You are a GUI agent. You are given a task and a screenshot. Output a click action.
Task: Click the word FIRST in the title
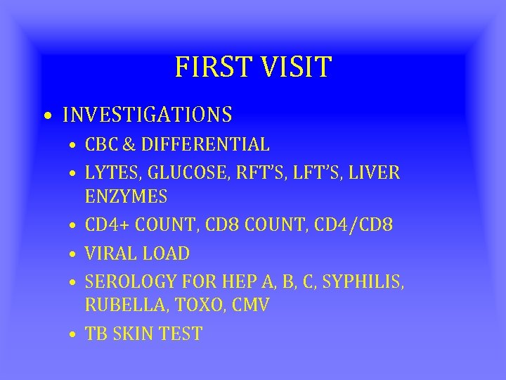(x=208, y=68)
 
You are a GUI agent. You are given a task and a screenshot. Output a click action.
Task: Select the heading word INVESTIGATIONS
(x=148, y=114)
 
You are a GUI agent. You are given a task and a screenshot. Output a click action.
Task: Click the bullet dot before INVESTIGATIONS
(x=46, y=115)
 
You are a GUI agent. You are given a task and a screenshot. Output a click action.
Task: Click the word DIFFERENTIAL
(x=205, y=145)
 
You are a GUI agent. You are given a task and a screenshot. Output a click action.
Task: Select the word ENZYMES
(x=126, y=196)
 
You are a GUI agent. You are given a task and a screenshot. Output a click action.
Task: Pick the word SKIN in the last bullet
(x=135, y=334)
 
